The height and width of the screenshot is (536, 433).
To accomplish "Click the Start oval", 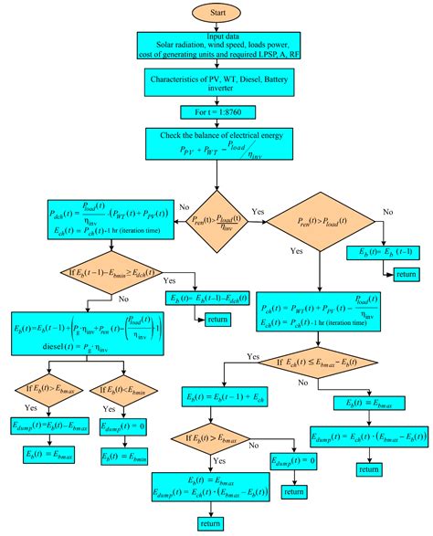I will [x=216, y=13].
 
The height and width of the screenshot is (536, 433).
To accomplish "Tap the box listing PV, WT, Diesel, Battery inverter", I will [x=216, y=85].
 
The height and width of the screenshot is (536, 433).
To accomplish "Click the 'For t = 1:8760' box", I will [x=216, y=116].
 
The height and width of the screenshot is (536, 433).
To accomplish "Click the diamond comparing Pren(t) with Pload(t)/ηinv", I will [x=216, y=220].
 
